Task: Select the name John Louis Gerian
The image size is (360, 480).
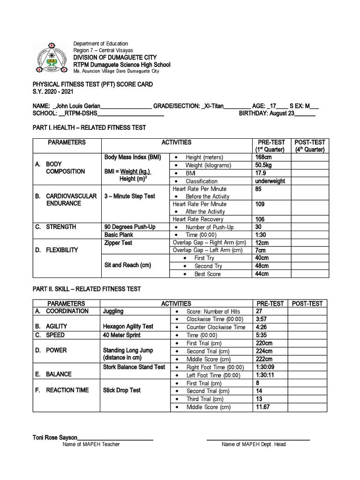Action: click(x=77, y=106)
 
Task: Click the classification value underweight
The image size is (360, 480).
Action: click(x=270, y=181)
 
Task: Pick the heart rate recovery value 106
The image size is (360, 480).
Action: click(x=260, y=219)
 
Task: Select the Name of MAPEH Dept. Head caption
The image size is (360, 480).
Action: click(x=254, y=444)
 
